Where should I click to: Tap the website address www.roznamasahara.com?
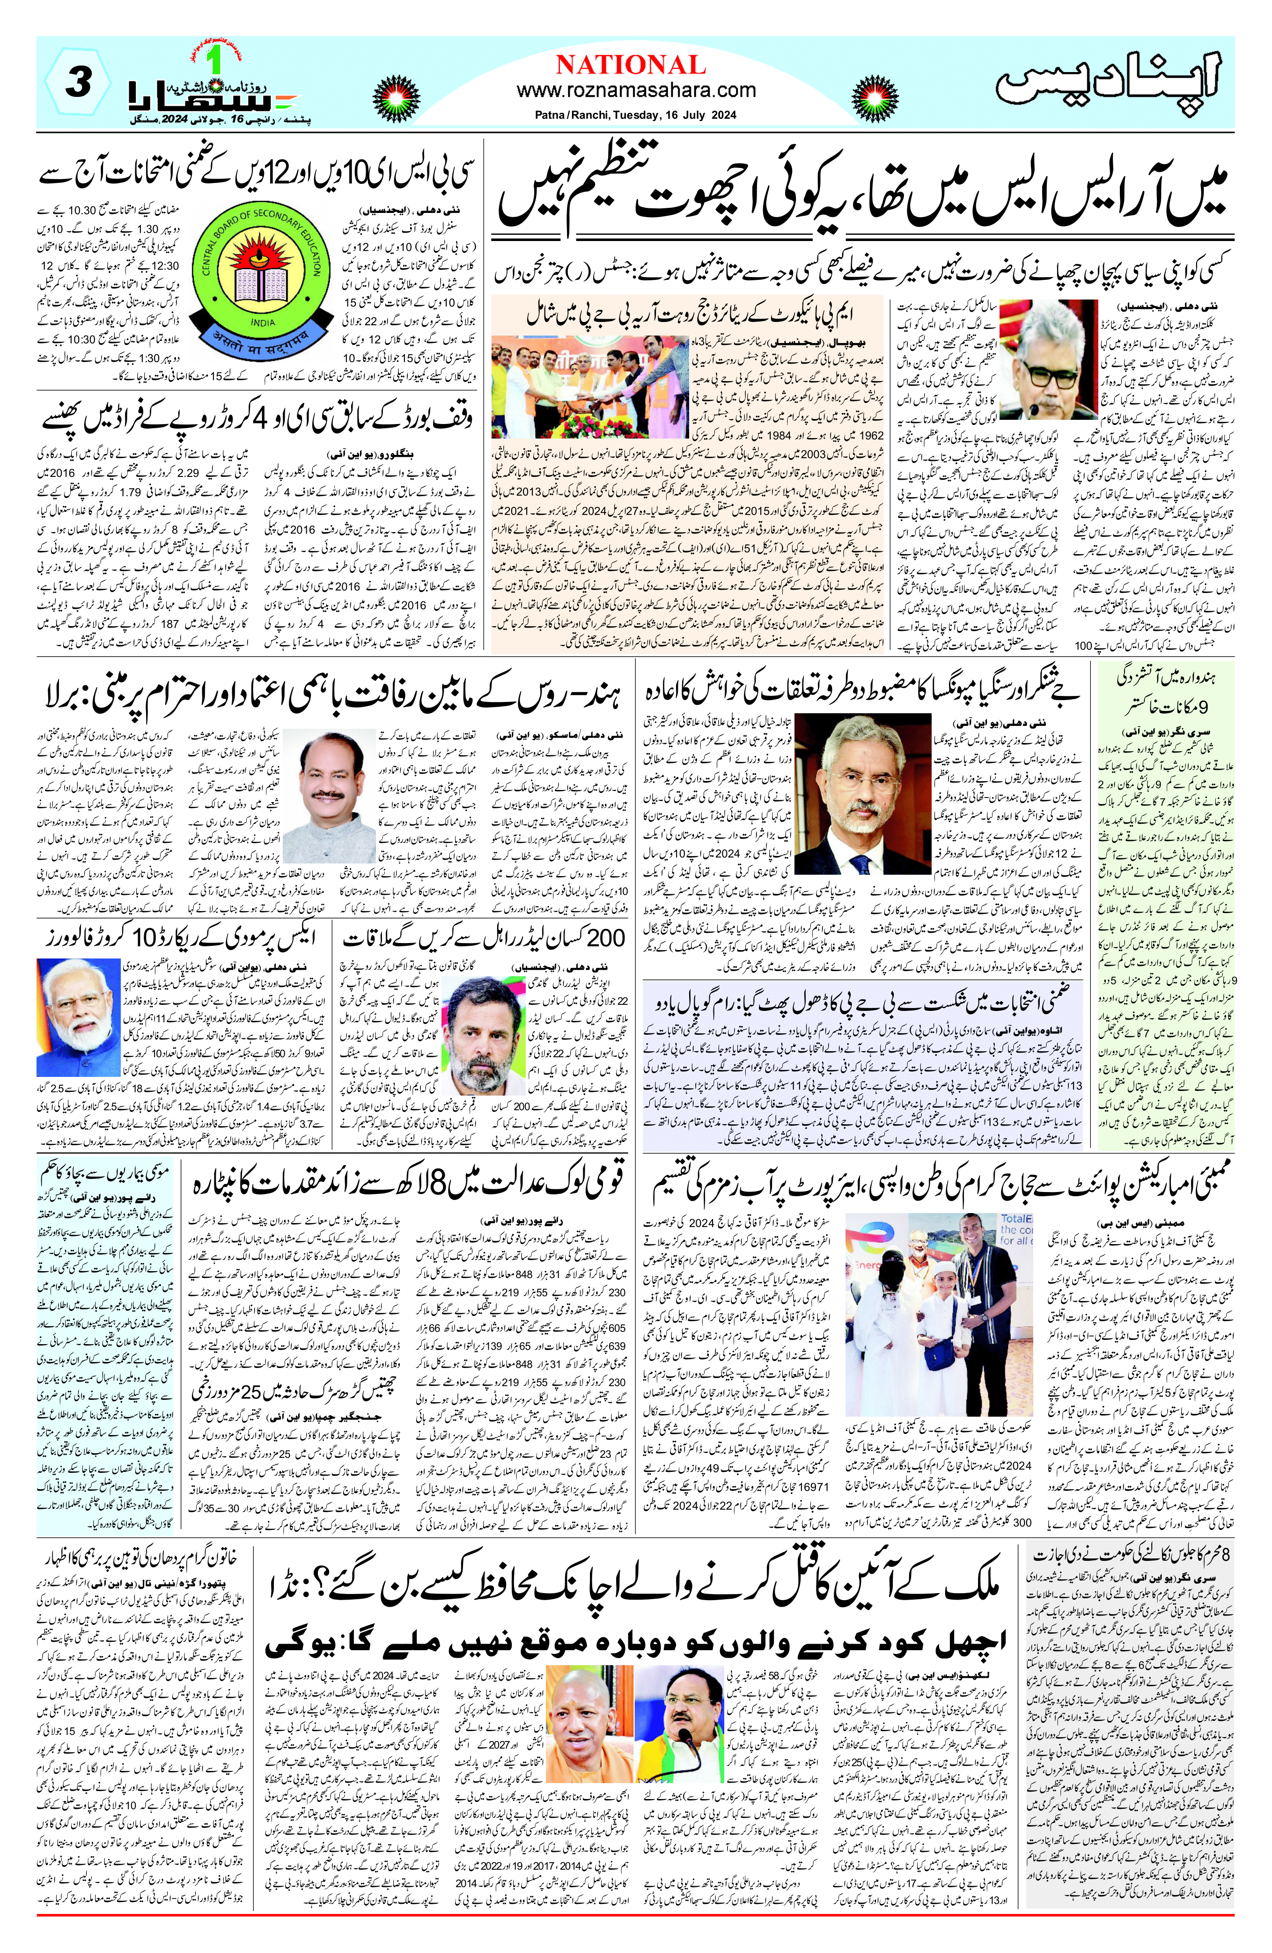click(636, 90)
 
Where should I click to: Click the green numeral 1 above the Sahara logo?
click(215, 58)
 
